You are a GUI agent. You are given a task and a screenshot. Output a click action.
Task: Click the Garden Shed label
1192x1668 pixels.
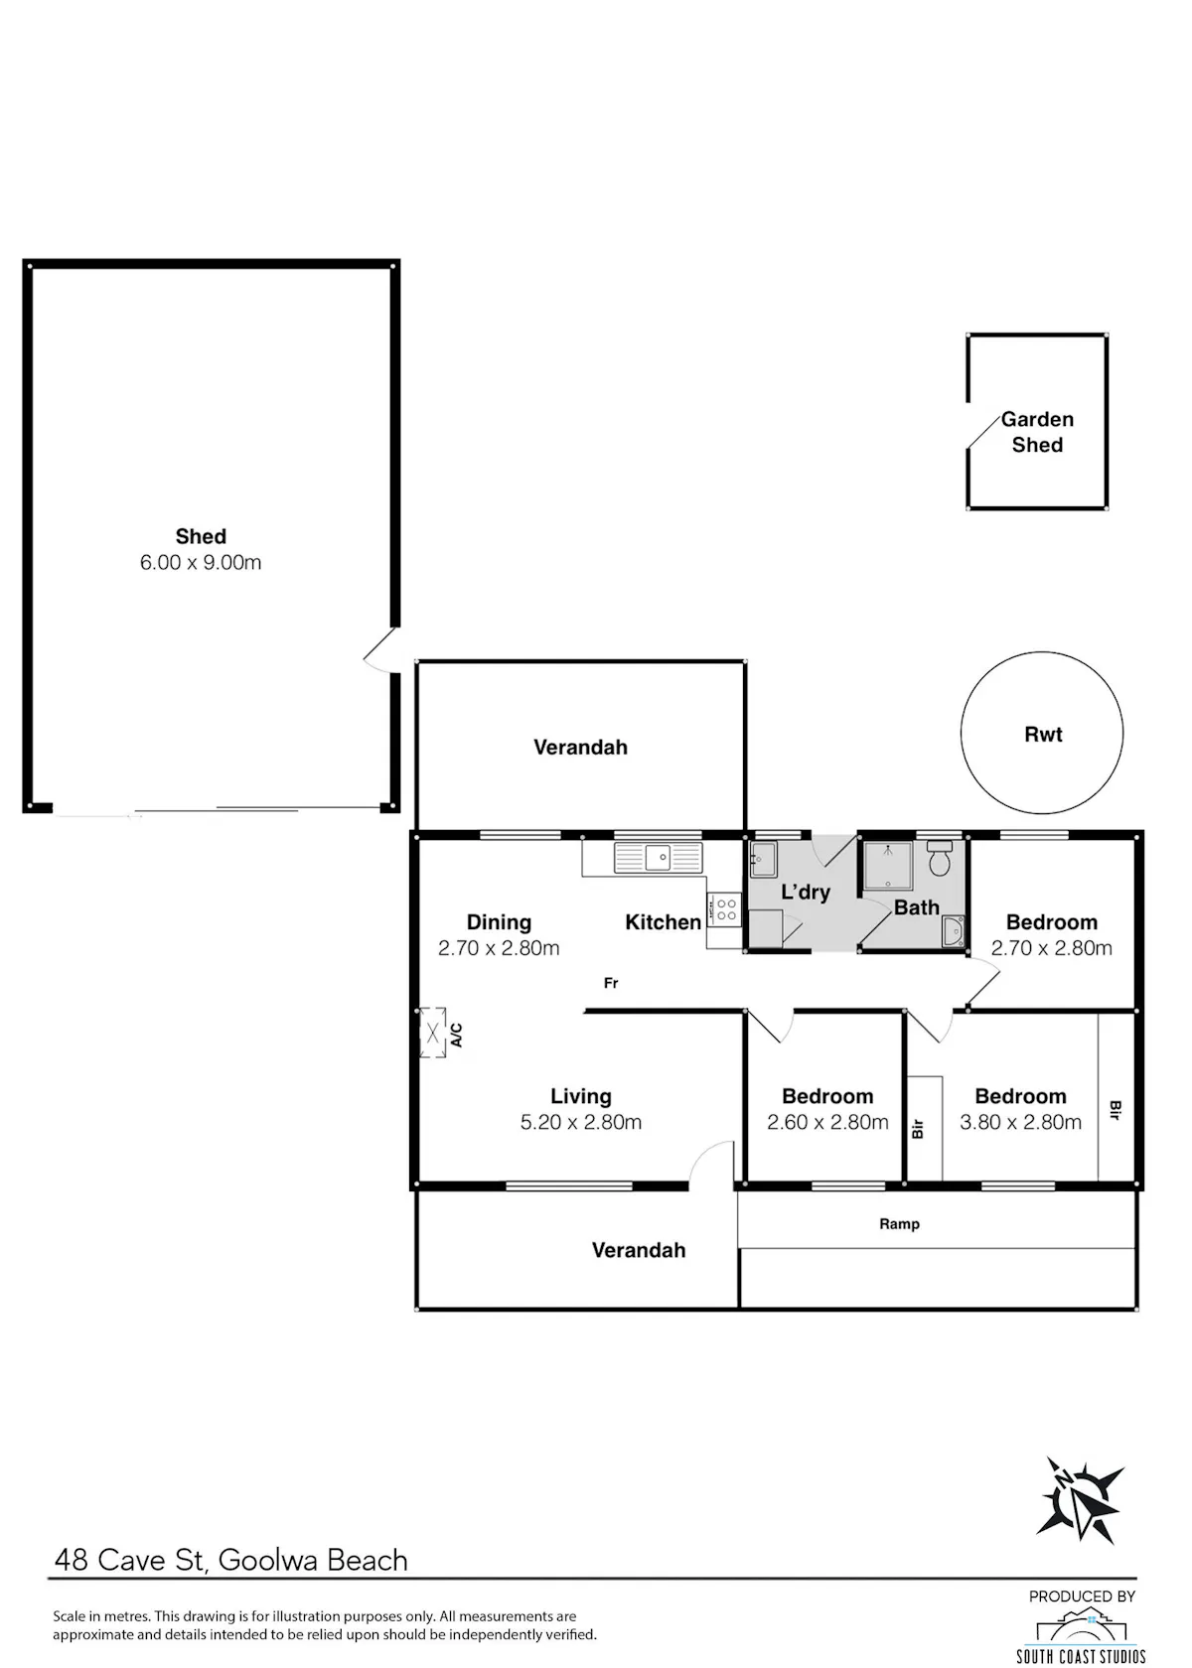pos(1036,432)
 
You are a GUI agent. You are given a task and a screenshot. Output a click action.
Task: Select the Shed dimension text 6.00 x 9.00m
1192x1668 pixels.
pos(201,562)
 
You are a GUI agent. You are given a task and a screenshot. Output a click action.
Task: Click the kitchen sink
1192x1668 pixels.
pos(658,857)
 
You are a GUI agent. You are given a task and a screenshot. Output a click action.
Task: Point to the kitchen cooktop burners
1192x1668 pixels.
pos(725,909)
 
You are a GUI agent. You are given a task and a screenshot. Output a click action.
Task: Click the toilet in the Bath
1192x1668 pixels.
pos(940,859)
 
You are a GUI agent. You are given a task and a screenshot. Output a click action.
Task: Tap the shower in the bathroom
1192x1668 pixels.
pos(887,866)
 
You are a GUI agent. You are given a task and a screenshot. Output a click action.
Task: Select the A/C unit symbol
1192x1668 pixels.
pos(433,1033)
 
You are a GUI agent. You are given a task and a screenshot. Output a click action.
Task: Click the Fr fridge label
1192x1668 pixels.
pos(611,983)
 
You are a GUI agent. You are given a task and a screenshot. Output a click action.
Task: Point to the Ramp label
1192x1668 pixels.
pos(899,1223)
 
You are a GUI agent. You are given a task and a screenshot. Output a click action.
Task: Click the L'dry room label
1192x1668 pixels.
pos(806,892)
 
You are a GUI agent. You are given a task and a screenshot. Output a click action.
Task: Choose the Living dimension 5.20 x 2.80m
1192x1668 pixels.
pos(580,1122)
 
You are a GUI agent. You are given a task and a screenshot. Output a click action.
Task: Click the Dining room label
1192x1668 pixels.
pos(499,921)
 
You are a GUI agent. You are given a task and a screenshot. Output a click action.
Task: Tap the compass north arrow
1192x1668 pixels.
pos(1081,1499)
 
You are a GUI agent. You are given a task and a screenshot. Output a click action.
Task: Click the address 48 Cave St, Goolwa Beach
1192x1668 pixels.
pos(230,1560)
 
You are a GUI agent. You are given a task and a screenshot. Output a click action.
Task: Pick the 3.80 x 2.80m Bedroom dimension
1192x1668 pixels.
pos(1020,1122)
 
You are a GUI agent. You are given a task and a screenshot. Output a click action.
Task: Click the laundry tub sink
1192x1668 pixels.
pos(763,860)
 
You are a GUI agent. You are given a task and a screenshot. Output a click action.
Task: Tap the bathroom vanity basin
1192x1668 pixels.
pos(953,931)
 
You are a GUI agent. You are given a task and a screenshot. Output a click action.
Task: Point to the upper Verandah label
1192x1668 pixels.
pos(580,747)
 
